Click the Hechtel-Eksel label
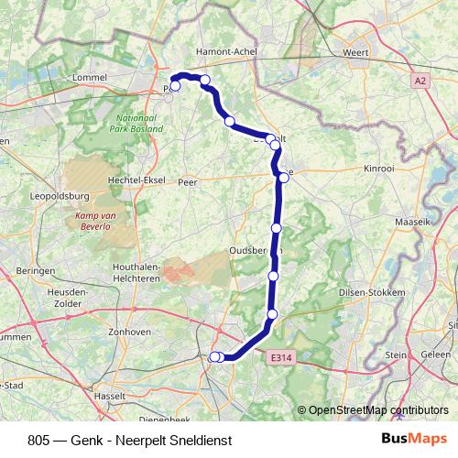136,181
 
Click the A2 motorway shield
420,81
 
